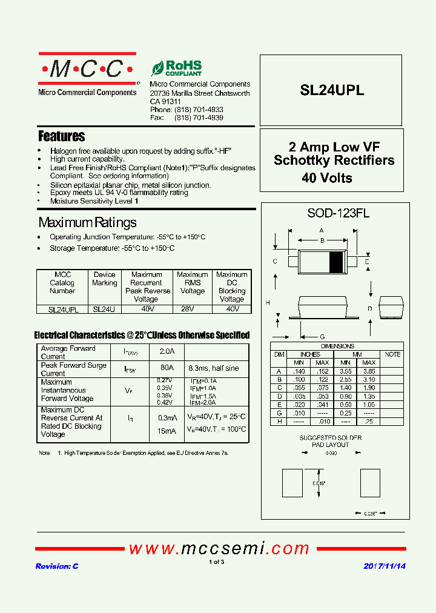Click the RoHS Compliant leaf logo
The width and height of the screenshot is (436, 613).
click(176, 68)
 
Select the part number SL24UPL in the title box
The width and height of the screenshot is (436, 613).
click(332, 90)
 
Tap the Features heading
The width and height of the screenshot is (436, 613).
click(61, 136)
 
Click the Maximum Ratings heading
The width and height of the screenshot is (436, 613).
click(87, 222)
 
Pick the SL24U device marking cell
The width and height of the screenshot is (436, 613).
click(104, 308)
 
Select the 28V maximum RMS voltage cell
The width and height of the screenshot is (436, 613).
click(192, 308)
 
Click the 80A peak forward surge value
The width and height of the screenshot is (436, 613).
click(167, 368)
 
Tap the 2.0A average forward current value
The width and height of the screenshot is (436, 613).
click(167, 351)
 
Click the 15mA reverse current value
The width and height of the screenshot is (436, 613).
click(167, 431)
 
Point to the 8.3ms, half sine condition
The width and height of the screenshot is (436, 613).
click(213, 368)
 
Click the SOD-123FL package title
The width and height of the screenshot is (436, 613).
click(330, 213)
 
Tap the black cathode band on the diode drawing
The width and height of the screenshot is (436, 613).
click(335, 261)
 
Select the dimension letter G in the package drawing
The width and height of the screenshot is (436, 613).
click(322, 336)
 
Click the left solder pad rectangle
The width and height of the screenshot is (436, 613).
click(292, 483)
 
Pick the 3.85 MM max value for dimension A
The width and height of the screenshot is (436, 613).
click(368, 371)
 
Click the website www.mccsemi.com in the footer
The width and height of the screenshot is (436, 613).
click(219, 549)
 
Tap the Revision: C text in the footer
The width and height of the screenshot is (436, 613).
click(57, 566)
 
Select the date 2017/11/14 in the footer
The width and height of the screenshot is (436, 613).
click(385, 566)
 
